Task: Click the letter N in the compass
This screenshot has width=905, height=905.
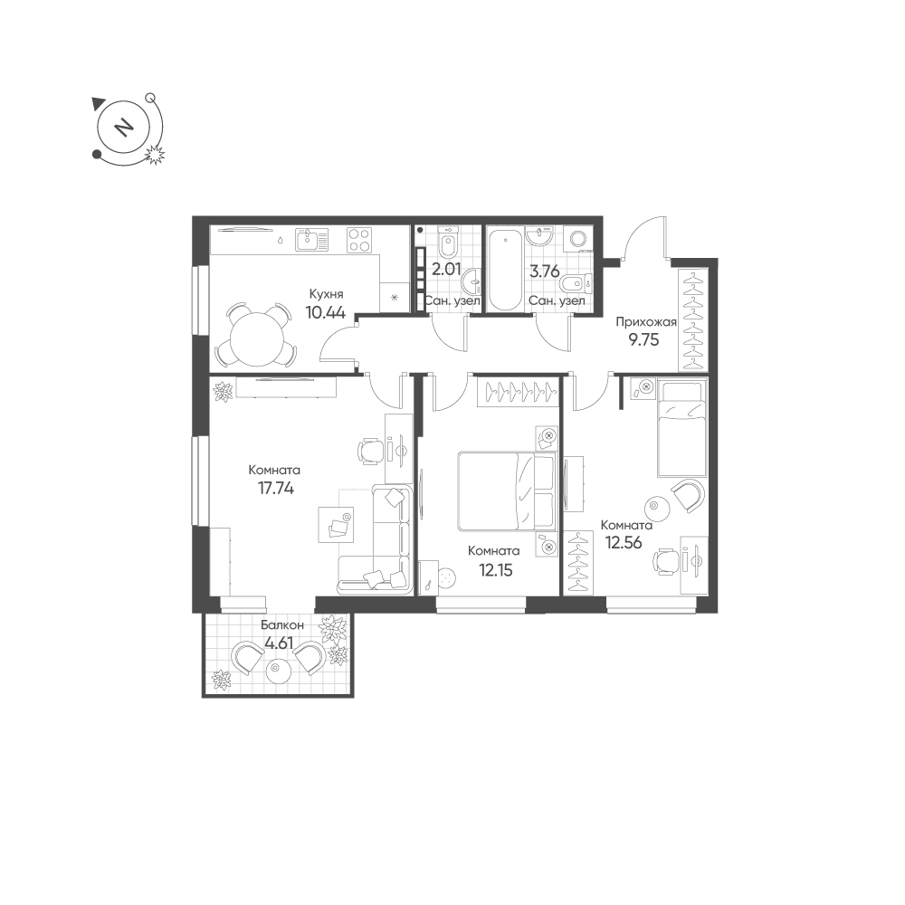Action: (x=122, y=127)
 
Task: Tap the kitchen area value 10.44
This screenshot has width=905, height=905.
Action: (x=326, y=313)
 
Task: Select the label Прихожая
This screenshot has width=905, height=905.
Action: (x=646, y=322)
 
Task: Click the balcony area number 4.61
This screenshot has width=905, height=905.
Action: (x=279, y=643)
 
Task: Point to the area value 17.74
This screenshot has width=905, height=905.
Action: (x=276, y=489)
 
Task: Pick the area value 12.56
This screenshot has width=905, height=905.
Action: (x=623, y=542)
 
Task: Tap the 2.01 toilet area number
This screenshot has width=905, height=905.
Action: (x=446, y=269)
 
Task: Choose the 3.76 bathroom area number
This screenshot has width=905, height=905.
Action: (x=545, y=271)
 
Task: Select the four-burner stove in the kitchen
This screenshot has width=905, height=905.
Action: (x=359, y=240)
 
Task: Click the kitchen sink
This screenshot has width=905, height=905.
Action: (x=312, y=240)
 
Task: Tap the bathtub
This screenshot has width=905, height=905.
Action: (x=506, y=270)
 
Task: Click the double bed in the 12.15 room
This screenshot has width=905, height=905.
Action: (x=506, y=491)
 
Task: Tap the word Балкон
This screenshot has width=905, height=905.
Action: (x=282, y=625)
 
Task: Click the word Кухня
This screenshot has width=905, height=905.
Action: (x=326, y=295)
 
